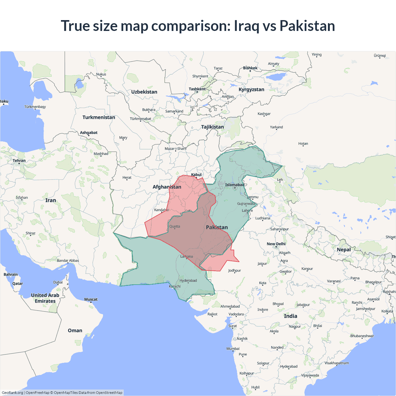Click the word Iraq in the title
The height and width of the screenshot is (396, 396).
(x=247, y=26)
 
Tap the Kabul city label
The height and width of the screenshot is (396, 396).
(x=196, y=175)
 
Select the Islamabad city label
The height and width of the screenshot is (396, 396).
(x=235, y=185)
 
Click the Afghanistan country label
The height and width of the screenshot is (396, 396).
(x=167, y=187)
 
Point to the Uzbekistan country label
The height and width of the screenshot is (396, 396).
(x=144, y=92)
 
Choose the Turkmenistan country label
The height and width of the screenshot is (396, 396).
(x=99, y=117)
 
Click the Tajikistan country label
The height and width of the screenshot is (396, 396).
(x=213, y=127)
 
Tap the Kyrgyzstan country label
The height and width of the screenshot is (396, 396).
(x=251, y=89)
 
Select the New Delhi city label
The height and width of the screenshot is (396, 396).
(x=276, y=244)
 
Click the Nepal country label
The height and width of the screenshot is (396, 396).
(x=344, y=250)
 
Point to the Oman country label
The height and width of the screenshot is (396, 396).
(x=75, y=330)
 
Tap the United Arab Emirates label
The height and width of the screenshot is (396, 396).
(x=45, y=298)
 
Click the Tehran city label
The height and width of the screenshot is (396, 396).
(x=19, y=161)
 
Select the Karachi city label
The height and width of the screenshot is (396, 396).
(x=175, y=286)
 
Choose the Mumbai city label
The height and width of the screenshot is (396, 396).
(x=233, y=349)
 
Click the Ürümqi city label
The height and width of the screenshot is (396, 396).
(x=380, y=56)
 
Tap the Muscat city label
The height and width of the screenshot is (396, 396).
(x=91, y=299)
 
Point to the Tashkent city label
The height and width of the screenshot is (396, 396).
(x=197, y=89)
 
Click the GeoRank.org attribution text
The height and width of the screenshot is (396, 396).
(x=12, y=393)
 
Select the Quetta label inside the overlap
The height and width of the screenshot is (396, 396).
(x=174, y=226)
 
